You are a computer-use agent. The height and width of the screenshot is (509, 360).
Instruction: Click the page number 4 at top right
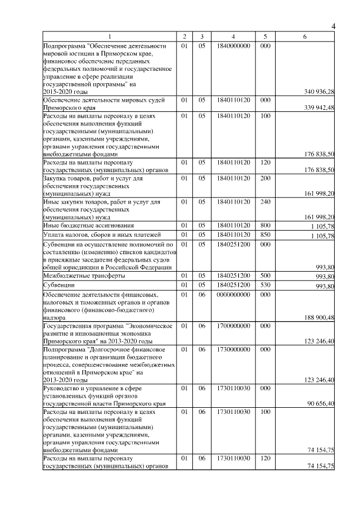tap(333, 26)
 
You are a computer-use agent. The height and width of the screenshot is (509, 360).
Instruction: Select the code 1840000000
tap(232, 46)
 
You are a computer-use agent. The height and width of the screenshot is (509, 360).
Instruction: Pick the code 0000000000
tap(232, 294)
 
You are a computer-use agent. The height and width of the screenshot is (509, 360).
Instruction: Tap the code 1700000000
tap(232, 326)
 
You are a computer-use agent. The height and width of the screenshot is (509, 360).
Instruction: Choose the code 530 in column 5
tap(265, 285)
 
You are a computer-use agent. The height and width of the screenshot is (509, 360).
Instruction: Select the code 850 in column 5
tap(265, 234)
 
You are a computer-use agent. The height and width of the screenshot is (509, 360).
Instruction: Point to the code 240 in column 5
tap(265, 201)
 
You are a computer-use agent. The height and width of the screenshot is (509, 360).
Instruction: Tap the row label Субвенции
tap(59, 285)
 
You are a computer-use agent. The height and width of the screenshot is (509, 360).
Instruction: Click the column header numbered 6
tap(304, 37)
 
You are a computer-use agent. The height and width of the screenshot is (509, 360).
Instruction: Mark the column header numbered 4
tap(232, 37)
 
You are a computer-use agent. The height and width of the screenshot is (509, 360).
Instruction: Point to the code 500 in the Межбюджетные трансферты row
tap(265, 276)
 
